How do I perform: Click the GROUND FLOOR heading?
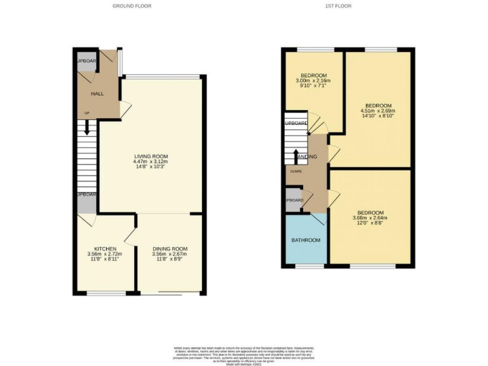click(132, 6)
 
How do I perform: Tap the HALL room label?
click(97, 94)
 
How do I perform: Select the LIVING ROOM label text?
click(151, 156)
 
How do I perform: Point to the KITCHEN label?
click(104, 248)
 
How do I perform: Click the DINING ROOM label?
click(170, 248)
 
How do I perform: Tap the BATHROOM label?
click(306, 240)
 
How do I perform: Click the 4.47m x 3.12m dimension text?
click(151, 162)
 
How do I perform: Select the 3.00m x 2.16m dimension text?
click(313, 81)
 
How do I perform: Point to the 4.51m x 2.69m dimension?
click(378, 111)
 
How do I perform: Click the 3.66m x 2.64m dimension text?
click(370, 219)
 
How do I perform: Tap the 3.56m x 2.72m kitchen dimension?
click(104, 254)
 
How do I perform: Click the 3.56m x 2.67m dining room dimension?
click(170, 254)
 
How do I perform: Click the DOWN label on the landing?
click(295, 171)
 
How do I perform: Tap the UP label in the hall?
click(86, 113)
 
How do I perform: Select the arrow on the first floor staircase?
click(296, 155)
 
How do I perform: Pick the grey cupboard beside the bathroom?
click(294, 200)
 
